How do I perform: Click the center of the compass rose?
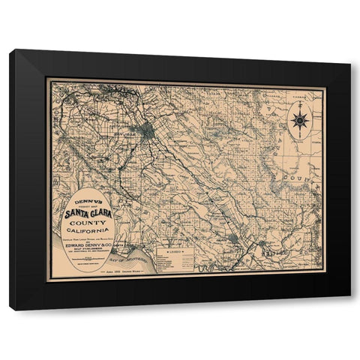tap(299, 119)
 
